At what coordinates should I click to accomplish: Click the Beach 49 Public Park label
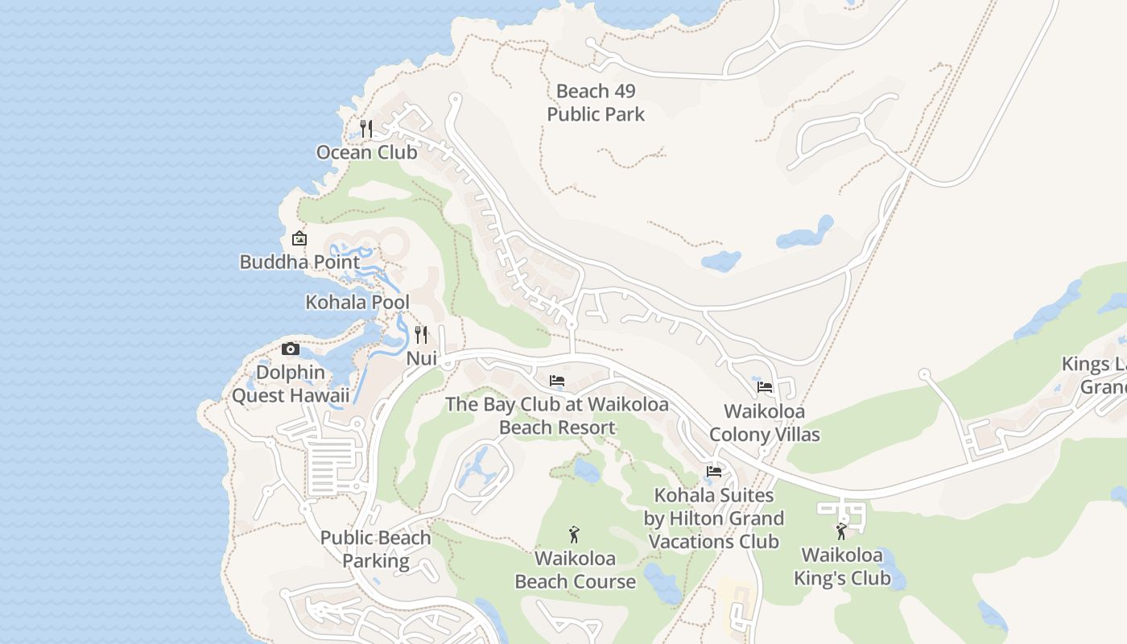(x=596, y=103)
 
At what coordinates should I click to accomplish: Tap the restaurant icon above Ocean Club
(x=366, y=128)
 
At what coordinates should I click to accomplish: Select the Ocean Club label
(x=366, y=152)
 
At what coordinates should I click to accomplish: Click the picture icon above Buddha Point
(x=299, y=238)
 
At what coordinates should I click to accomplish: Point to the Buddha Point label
(x=299, y=262)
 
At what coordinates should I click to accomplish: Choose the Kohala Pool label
(x=357, y=302)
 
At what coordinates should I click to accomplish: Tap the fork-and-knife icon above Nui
(x=421, y=334)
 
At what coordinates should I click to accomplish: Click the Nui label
(x=421, y=358)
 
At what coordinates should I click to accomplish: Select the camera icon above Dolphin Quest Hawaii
(x=291, y=349)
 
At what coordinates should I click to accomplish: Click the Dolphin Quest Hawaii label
(x=291, y=384)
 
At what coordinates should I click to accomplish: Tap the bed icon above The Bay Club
(x=557, y=381)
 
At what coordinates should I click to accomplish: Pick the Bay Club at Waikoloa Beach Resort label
(x=557, y=415)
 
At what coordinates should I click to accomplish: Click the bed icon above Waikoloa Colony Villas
(x=765, y=387)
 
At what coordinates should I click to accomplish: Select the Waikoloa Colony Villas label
(x=765, y=423)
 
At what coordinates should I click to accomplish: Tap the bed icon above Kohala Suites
(x=714, y=472)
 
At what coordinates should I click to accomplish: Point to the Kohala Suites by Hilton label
(x=714, y=518)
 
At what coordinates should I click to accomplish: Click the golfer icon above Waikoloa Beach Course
(x=574, y=534)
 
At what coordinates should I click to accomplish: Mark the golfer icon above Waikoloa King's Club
(x=841, y=531)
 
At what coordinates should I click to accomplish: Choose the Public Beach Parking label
(x=376, y=549)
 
